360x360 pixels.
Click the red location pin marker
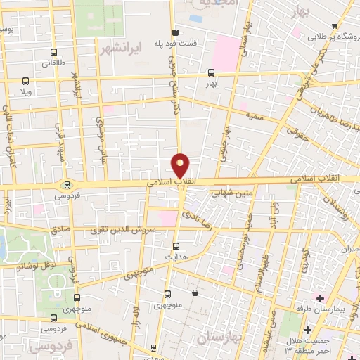[x=181, y=165]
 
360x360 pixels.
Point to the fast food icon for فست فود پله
[x=175, y=32]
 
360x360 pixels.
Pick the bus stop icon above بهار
[x=211, y=72]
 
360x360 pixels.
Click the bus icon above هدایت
[x=176, y=246]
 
